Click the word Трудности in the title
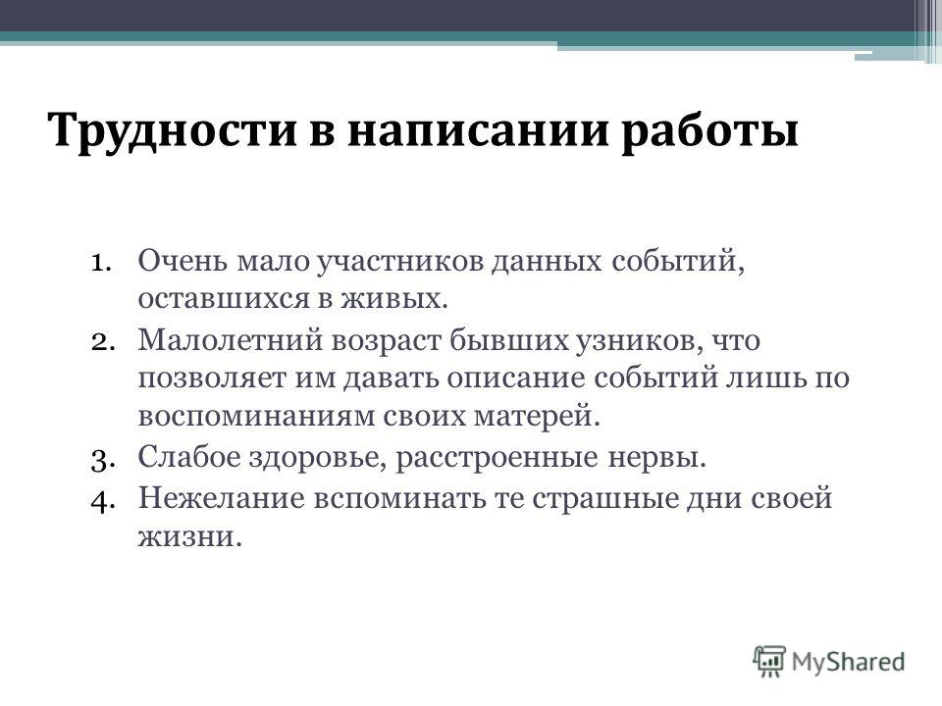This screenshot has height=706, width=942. [x=173, y=130]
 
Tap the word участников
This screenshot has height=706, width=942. [x=399, y=264]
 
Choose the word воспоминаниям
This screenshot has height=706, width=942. [x=256, y=417]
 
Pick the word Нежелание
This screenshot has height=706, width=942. [x=222, y=498]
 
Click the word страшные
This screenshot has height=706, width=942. [x=604, y=498]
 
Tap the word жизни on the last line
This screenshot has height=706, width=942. [x=189, y=536]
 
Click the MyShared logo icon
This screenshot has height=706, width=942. [x=769, y=660]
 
